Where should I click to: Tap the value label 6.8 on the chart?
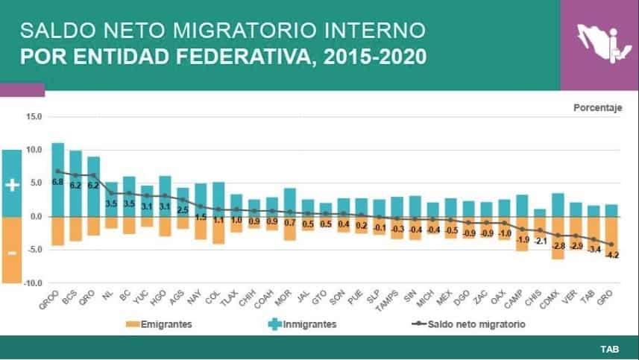(57, 182)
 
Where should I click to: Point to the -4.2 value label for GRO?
(611, 254)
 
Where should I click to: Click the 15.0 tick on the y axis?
(34, 116)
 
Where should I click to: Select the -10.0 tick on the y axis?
(33, 283)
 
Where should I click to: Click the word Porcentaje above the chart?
(597, 107)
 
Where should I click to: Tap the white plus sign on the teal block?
(12, 185)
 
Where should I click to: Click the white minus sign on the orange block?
(12, 253)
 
